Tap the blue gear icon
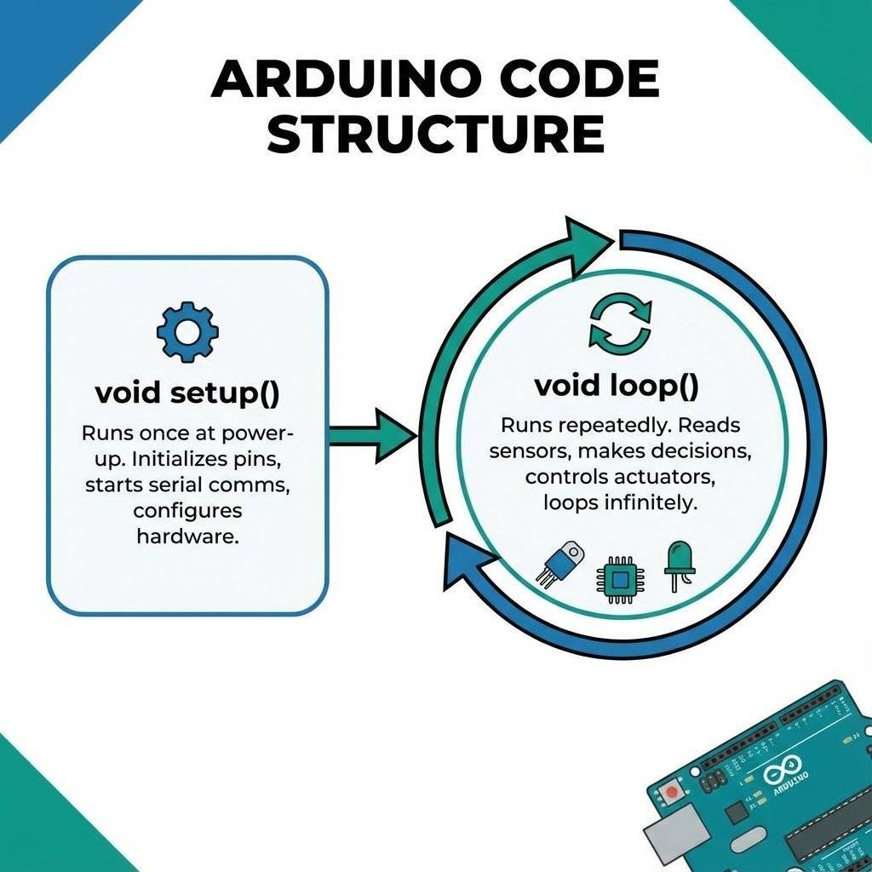(x=187, y=330)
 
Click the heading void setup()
(x=187, y=393)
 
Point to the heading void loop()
(x=617, y=386)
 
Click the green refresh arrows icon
(x=620, y=324)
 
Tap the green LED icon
(x=679, y=565)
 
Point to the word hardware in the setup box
(x=187, y=537)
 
